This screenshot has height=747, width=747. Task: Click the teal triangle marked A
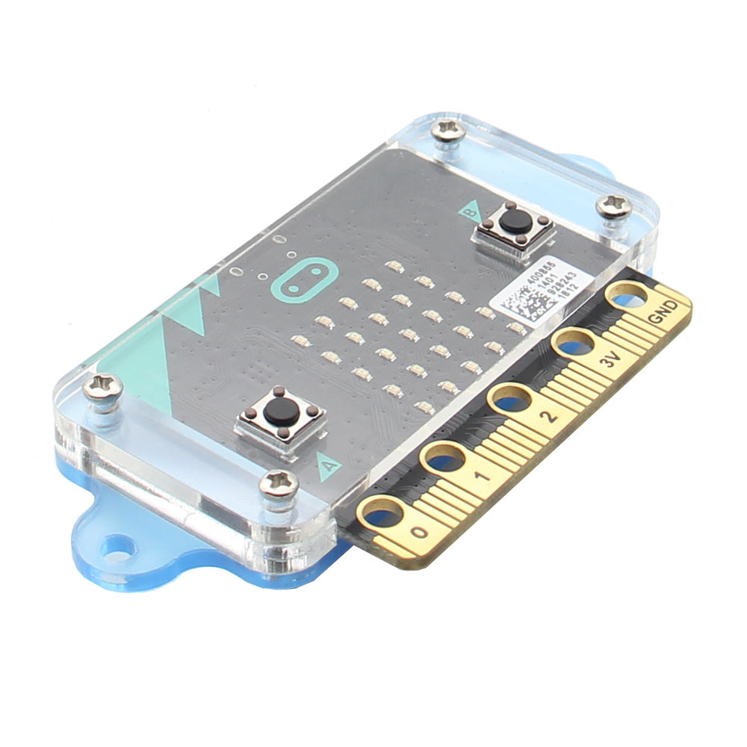pos(329,466)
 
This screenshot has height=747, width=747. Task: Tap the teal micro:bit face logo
pos(301,280)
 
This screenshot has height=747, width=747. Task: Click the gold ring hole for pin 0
pos(382,512)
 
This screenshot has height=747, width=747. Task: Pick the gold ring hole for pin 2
pos(510,399)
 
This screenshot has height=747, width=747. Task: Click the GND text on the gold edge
pos(663,312)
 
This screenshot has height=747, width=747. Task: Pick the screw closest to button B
pos(614,205)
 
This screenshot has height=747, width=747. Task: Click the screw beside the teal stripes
pos(103,387)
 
